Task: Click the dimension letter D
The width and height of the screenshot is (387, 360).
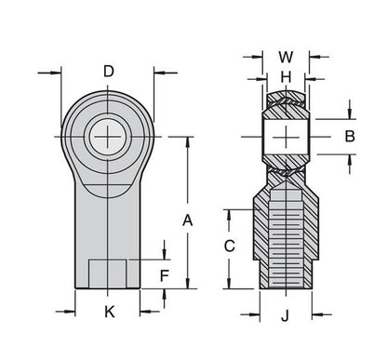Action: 109,71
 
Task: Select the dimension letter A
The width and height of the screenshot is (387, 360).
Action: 187,220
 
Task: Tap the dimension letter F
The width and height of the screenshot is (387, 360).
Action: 164,275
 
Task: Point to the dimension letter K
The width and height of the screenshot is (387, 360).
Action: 109,312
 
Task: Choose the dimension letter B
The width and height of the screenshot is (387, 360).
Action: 351,136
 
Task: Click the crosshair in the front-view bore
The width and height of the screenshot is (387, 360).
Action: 109,138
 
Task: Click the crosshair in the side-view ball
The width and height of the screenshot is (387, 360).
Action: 287,137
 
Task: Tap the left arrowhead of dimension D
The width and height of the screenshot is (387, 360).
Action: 66,71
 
